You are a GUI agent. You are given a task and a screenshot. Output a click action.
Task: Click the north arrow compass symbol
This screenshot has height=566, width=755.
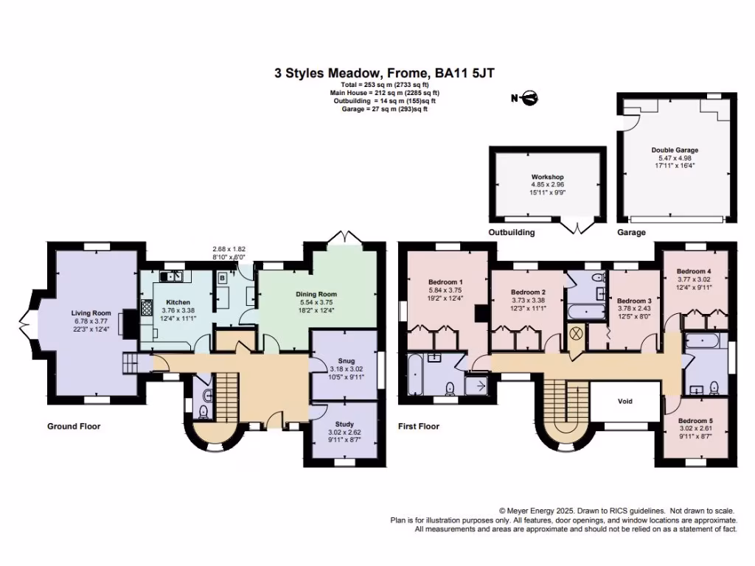point(527,97)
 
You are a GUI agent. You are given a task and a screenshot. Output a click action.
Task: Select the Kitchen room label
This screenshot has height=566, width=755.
point(178,303)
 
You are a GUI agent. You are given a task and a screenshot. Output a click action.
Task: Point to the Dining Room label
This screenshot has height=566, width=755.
point(316,295)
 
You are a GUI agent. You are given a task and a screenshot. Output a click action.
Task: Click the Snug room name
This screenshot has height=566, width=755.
point(345,360)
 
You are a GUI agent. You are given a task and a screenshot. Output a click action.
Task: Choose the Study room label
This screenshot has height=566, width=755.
point(344,424)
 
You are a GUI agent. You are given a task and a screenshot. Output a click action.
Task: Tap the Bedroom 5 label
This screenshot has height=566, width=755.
point(696,421)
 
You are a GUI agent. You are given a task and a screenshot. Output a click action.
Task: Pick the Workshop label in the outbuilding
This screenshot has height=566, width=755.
point(548,178)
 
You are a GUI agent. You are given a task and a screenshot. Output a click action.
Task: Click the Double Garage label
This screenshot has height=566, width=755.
point(675,150)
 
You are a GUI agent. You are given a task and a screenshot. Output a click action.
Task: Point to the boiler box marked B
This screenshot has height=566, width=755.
point(222,279)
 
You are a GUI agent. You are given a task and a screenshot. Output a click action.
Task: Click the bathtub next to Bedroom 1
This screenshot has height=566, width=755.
point(414,375)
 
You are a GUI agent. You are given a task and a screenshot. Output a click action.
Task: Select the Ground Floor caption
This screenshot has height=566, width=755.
point(74,426)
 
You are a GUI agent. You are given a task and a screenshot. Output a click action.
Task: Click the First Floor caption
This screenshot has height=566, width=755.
point(419,426)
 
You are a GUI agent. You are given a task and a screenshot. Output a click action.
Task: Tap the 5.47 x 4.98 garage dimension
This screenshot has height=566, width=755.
point(675,158)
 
